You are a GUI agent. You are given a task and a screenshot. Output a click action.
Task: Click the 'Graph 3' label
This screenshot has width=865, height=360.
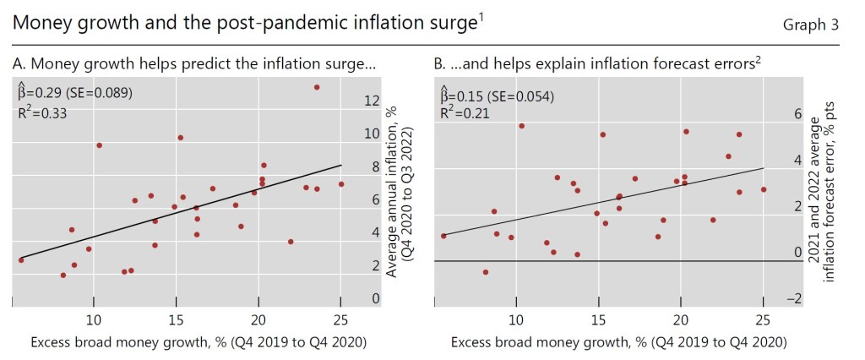click(x=811, y=25)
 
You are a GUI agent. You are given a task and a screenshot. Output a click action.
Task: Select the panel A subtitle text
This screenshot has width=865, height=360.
click(x=195, y=63)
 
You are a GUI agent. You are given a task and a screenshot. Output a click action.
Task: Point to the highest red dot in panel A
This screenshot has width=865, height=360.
click(x=317, y=87)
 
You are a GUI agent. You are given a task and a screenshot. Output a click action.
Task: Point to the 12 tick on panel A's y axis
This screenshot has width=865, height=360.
click(x=372, y=101)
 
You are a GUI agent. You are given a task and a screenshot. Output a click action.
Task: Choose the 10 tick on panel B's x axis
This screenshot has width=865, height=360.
click(x=515, y=319)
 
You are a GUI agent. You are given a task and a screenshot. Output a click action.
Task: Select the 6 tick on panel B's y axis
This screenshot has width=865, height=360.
click(x=794, y=113)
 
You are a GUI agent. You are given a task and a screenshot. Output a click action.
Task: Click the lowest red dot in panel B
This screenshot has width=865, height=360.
click(x=486, y=272)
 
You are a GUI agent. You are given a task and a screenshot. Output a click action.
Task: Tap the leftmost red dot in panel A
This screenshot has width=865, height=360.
click(x=21, y=259)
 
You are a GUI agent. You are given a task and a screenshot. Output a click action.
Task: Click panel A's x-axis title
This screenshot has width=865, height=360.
click(x=199, y=342)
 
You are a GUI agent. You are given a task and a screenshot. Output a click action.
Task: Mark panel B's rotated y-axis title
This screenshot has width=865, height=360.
click(x=823, y=199)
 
